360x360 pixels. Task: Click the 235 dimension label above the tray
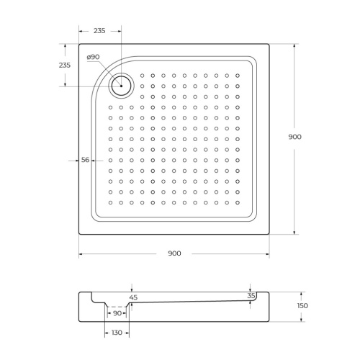pyautogui.click(x=99, y=31)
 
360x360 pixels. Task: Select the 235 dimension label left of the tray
pyautogui.click(x=63, y=66)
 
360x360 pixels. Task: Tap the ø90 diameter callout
pyautogui.click(x=93, y=58)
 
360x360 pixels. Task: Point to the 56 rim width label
pyautogui.click(x=86, y=160)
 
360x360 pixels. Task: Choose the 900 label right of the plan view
pyautogui.click(x=294, y=137)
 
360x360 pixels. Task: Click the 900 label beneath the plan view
pyautogui.click(x=174, y=253)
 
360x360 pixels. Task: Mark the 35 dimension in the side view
pyautogui.click(x=251, y=295)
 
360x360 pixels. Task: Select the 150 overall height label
pyautogui.click(x=302, y=306)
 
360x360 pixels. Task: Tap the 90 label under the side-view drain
pyautogui.click(x=117, y=313)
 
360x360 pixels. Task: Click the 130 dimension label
pyautogui.click(x=117, y=333)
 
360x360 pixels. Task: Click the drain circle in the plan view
pyautogui.click(x=121, y=86)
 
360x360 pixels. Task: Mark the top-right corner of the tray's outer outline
pyautogui.click(x=269, y=44)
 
